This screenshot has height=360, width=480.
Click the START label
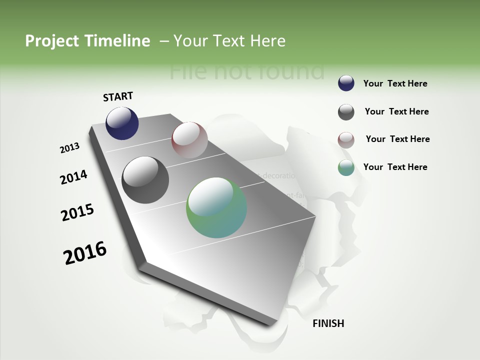(x=118, y=96)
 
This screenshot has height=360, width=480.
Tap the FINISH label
(x=328, y=323)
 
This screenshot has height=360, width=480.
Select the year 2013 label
(x=69, y=148)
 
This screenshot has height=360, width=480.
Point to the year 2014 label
(x=73, y=177)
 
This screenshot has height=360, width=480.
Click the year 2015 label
(x=77, y=212)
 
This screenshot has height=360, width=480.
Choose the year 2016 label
(x=85, y=253)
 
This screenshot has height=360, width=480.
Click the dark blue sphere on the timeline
(x=122, y=123)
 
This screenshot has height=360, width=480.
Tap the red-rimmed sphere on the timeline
(x=189, y=139)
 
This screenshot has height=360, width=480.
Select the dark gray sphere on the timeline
(x=145, y=179)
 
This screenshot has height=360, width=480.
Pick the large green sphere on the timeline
(x=216, y=207)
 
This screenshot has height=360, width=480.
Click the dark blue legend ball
(x=346, y=83)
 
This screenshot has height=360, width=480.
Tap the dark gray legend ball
(x=346, y=112)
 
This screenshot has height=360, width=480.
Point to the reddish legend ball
(x=346, y=140)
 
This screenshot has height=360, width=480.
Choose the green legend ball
(x=346, y=168)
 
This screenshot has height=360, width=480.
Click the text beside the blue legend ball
(x=395, y=83)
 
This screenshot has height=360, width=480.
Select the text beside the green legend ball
(x=395, y=167)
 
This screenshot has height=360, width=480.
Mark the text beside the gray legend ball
(x=396, y=111)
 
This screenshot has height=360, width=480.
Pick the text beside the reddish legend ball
(x=397, y=139)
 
